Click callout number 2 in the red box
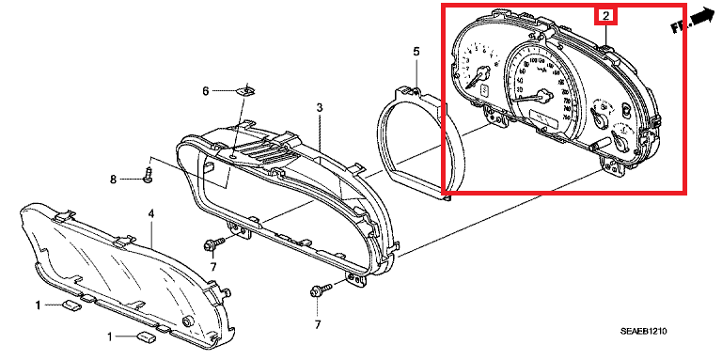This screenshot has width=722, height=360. pos(606,15)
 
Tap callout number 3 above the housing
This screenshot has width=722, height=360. pos(319,110)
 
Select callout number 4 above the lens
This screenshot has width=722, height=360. pos(150,215)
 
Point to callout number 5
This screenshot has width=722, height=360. pos(416,50)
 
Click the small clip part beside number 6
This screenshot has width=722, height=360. pos(247,91)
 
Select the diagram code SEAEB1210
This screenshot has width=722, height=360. pos(650,332)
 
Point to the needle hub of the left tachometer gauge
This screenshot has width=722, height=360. pos(484,74)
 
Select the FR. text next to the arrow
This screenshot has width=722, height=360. pos(679,27)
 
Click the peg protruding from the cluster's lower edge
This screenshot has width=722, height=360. pos(596,146)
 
